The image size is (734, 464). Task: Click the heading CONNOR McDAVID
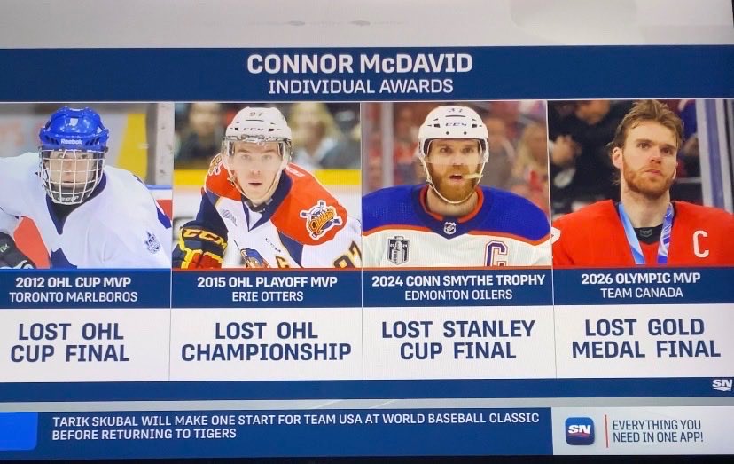pyautogui.click(x=360, y=64)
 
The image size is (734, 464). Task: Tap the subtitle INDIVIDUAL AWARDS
pyautogui.click(x=360, y=86)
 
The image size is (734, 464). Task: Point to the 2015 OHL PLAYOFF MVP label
pyautogui.click(x=265, y=281)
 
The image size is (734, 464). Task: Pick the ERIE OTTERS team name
pyautogui.click(x=265, y=296)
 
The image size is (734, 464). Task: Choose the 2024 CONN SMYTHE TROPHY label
pyautogui.click(x=457, y=280)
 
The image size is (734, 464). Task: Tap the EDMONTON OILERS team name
pyautogui.click(x=457, y=295)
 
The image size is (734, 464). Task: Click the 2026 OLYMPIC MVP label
pyautogui.click(x=641, y=279)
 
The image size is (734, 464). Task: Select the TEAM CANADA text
pyautogui.click(x=641, y=294)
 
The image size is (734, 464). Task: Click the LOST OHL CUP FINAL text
pyautogui.click(x=70, y=342)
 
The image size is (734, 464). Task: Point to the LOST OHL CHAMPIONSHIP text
pyautogui.click(x=266, y=342)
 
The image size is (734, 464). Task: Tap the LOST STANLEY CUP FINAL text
pyautogui.click(x=458, y=340)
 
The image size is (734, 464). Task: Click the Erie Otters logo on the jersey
pyautogui.click(x=320, y=219)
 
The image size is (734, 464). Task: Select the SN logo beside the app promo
pyautogui.click(x=580, y=430)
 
